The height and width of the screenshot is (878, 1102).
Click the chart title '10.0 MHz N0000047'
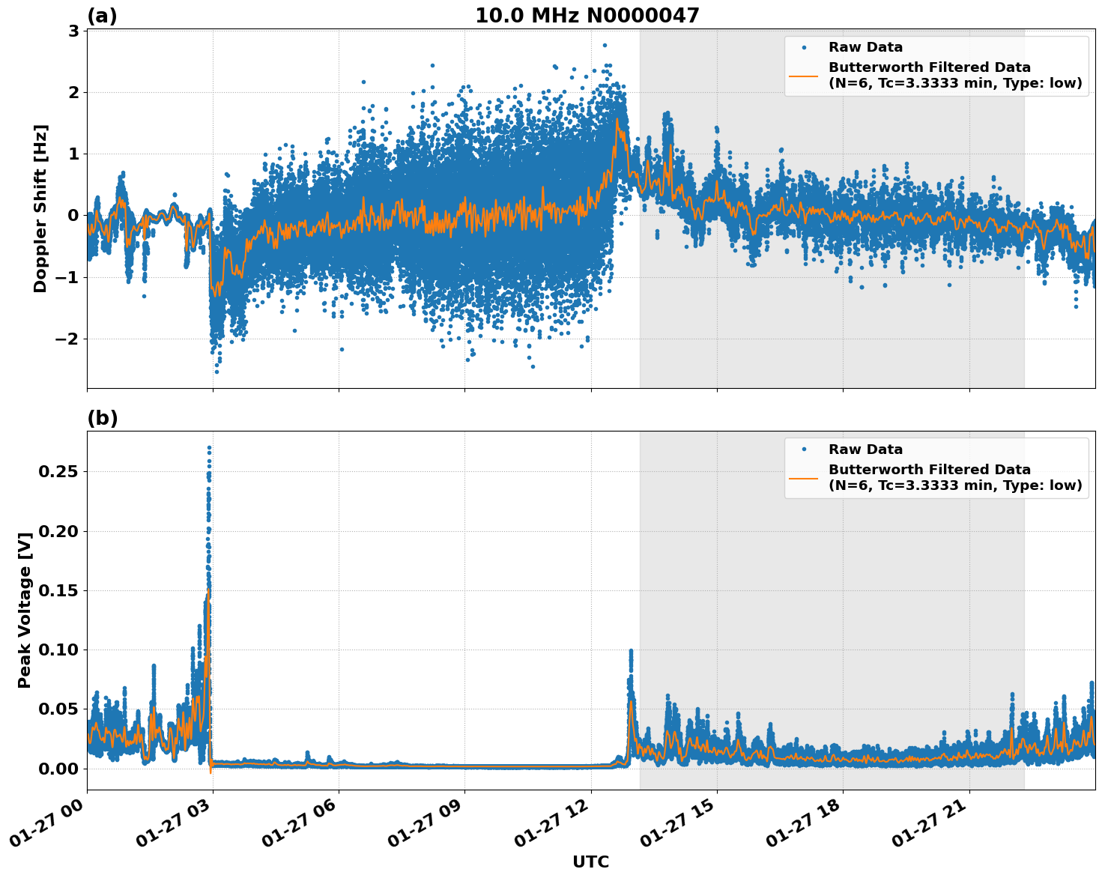[587, 16]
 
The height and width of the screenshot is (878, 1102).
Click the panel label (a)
[102, 16]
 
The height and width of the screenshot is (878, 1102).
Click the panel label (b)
[102, 418]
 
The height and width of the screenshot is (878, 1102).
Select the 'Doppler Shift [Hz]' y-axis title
[40, 208]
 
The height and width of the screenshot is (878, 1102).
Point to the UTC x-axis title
[590, 862]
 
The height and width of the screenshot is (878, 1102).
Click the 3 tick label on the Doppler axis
[73, 31]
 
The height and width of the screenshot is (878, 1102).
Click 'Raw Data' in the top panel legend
[865, 47]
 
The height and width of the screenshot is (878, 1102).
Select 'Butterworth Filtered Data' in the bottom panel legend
[929, 470]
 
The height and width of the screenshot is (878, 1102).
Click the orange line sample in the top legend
[803, 76]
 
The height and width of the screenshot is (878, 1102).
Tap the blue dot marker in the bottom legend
[803, 449]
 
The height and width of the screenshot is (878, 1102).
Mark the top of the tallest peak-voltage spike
[209, 448]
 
